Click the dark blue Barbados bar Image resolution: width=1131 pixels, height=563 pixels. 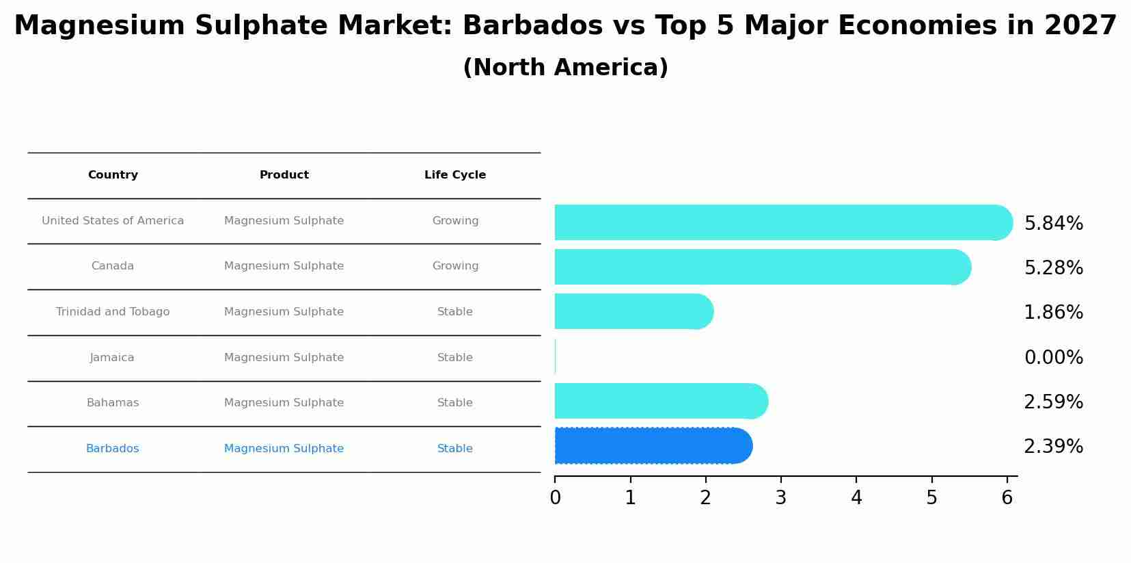[x=653, y=446]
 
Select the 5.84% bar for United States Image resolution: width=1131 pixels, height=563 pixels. [x=782, y=222]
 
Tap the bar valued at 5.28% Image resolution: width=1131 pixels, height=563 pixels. [x=762, y=267]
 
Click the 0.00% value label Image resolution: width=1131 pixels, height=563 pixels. [x=1053, y=358]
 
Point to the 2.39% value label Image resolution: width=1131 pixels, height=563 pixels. [x=1053, y=447]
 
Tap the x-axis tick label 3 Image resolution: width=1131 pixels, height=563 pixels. [x=781, y=498]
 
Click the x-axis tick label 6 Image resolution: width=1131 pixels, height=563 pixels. [x=1007, y=498]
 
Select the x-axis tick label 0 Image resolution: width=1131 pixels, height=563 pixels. [x=556, y=498]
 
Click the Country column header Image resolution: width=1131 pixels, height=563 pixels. [x=113, y=175]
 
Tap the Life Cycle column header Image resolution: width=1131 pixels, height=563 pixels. [x=455, y=175]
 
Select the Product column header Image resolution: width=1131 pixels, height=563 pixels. [x=284, y=175]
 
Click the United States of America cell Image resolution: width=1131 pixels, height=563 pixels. [x=113, y=221]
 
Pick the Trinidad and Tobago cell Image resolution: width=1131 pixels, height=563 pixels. [x=113, y=312]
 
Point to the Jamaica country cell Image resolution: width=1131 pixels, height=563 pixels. [x=112, y=358]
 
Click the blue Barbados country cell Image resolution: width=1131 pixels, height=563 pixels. [x=113, y=449]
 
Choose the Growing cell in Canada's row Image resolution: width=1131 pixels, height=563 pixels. [x=455, y=266]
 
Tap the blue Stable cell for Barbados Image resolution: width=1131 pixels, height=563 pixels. [x=455, y=449]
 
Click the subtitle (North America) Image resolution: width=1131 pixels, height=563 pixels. [x=565, y=68]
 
